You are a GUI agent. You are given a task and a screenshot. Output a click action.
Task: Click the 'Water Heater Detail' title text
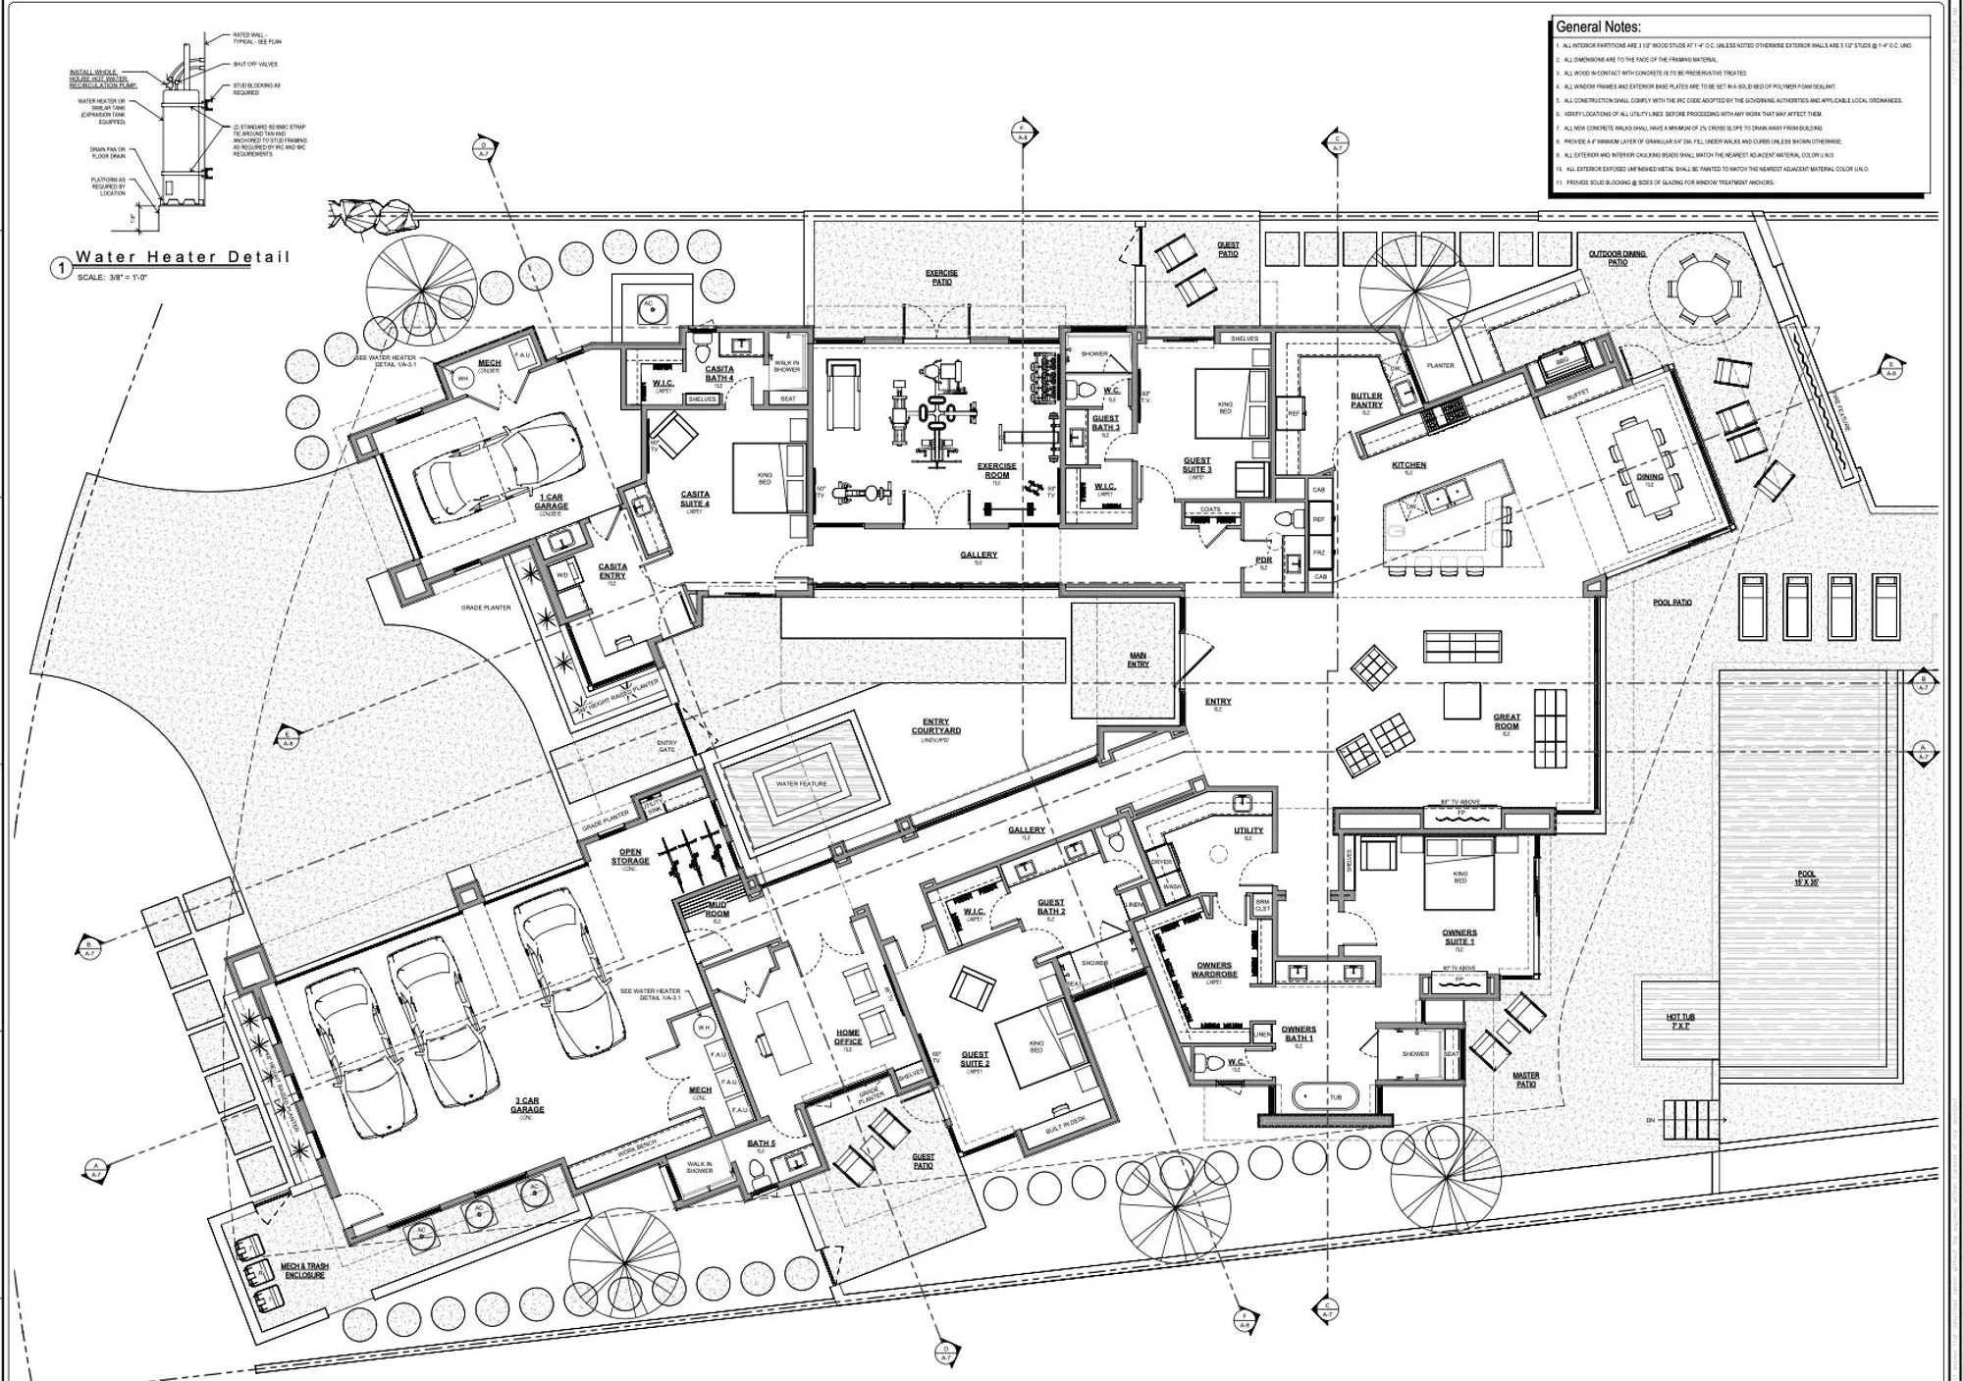point(183,257)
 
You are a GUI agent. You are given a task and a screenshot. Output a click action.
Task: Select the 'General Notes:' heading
point(1598,27)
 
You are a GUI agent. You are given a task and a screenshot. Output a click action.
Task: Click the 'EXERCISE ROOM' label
point(996,470)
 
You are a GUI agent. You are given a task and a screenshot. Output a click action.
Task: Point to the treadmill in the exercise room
point(842,394)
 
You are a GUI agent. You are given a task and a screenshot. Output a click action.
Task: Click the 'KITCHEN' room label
point(1408,465)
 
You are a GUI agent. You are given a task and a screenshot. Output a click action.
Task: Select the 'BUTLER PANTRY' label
point(1366,400)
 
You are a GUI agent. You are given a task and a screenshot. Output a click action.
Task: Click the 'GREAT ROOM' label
point(1507,721)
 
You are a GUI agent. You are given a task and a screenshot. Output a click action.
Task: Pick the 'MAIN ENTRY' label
point(1138,660)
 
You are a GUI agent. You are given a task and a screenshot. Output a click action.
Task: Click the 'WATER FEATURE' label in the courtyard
point(801,783)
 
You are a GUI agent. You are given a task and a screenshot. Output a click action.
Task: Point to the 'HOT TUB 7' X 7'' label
point(1680,1021)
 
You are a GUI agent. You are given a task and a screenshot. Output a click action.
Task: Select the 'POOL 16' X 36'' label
point(1807,877)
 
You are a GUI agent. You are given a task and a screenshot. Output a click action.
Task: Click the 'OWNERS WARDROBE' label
point(1214,970)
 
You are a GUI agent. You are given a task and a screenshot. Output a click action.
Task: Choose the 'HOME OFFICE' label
point(848,1036)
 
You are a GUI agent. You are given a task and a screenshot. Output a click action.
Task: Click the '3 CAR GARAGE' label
point(527,1105)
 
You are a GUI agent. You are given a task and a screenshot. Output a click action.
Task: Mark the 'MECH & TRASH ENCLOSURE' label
point(304,1270)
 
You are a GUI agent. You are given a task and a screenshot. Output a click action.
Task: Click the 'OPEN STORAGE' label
point(630,856)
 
